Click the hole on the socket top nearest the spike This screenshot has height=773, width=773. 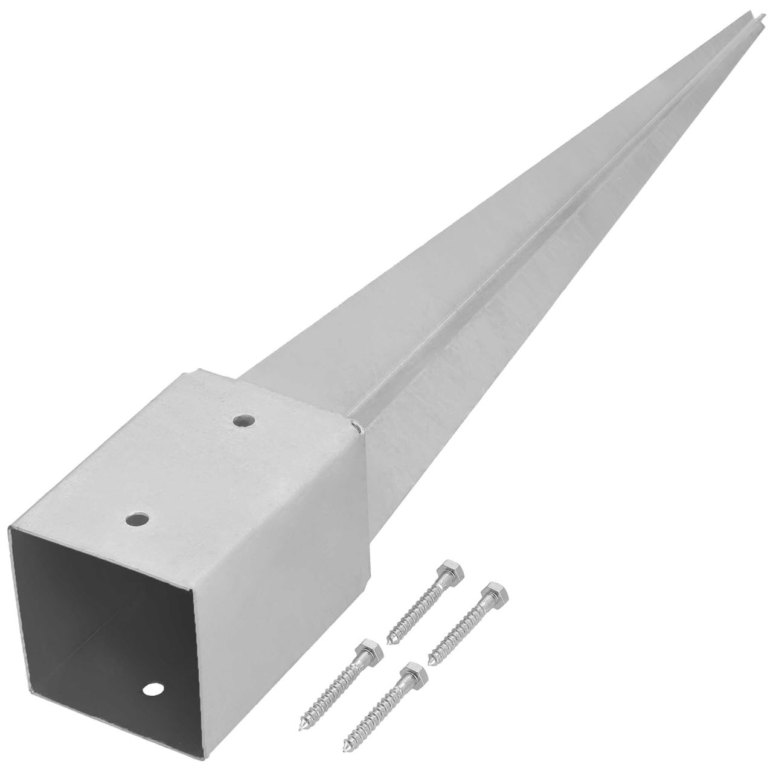244,419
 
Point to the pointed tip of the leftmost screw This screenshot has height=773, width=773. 301,726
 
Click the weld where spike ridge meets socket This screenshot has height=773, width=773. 359,428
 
